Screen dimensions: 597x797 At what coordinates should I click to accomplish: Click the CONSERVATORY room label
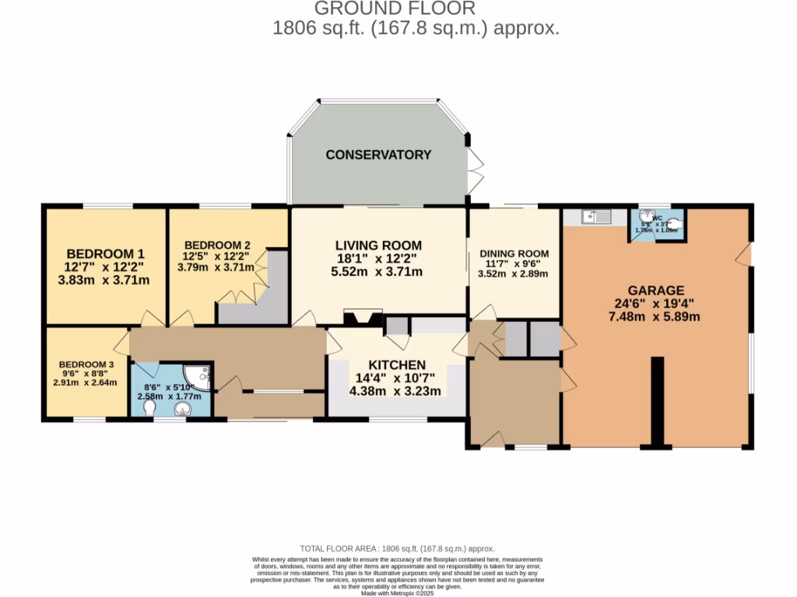pyautogui.click(x=378, y=155)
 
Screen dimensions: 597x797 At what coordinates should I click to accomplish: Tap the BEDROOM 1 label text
pyautogui.click(x=105, y=254)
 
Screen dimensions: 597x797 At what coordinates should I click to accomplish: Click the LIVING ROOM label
pyautogui.click(x=377, y=244)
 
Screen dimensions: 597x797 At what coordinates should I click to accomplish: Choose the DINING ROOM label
pyautogui.click(x=514, y=253)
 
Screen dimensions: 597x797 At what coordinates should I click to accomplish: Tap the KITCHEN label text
pyautogui.click(x=397, y=365)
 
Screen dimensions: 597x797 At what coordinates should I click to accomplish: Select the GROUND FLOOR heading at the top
pyautogui.click(x=395, y=9)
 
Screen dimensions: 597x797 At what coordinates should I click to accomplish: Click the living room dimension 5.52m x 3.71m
pyautogui.click(x=377, y=271)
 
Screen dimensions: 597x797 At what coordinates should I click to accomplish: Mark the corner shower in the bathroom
pyautogui.click(x=202, y=376)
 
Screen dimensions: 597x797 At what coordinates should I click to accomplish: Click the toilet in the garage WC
pyautogui.click(x=676, y=224)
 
